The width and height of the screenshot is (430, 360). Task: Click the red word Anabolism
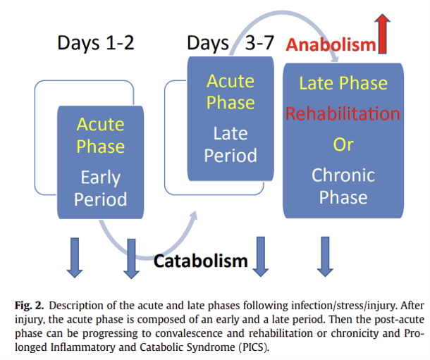tap(330, 45)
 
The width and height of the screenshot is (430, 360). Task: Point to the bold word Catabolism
tap(201, 261)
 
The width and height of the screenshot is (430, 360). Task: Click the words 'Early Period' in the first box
tap(100, 188)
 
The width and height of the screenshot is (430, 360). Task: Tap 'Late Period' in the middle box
tap(231, 144)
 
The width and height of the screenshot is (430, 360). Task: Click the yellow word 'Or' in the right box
tap(343, 144)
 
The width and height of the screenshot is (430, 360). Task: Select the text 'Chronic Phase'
tap(343, 186)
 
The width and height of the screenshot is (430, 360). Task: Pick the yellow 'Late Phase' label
tap(343, 83)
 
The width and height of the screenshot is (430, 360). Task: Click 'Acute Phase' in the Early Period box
tap(100, 135)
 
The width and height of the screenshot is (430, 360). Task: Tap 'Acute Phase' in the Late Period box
tap(231, 91)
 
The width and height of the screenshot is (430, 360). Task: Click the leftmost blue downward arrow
tap(74, 258)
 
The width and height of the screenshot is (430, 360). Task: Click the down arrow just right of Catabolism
tap(262, 258)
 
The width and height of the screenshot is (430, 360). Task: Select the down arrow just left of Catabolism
tap(131, 258)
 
